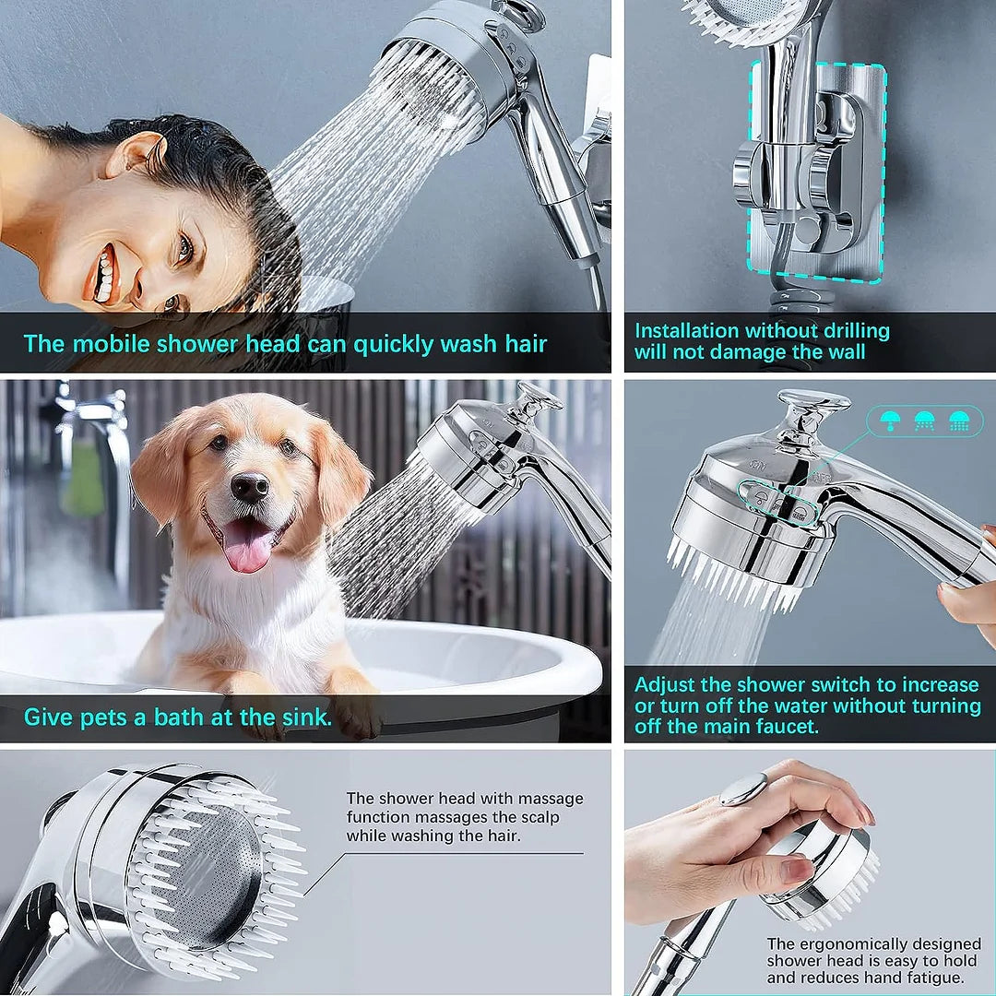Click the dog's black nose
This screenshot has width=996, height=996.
click(250, 487)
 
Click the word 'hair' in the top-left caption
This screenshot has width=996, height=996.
click(519, 344)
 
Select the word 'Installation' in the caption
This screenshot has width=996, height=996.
click(686, 330)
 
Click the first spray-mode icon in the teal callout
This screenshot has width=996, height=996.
click(891, 421)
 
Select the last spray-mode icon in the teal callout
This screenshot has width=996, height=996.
click(959, 421)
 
